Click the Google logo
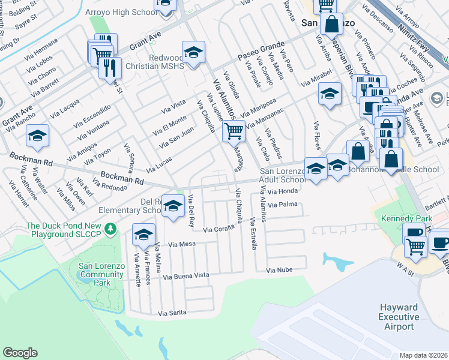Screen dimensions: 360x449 (20, 353)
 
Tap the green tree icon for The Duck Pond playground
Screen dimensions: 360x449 (110, 229)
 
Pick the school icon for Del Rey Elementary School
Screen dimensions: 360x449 (173, 207)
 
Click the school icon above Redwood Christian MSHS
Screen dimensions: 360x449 (193, 53)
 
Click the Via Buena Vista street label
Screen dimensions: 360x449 (185, 276)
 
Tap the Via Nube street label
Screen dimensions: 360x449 (280, 270)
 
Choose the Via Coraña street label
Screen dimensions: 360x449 (217, 229)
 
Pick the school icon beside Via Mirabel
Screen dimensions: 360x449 (330, 94)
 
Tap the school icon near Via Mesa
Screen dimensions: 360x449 (143, 235)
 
